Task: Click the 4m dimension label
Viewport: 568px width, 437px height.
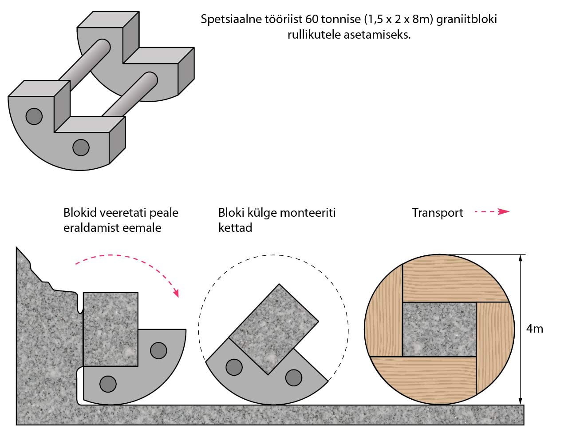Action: pyautogui.click(x=534, y=329)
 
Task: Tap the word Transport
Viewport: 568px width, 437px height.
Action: pyautogui.click(x=437, y=213)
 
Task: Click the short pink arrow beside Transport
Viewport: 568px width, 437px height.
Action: pyautogui.click(x=492, y=212)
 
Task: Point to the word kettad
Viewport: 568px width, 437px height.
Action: pyautogui.click(x=235, y=228)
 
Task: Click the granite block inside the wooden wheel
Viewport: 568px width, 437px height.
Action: pyautogui.click(x=439, y=329)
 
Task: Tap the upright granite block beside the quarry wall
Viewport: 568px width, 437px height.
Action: pyautogui.click(x=110, y=329)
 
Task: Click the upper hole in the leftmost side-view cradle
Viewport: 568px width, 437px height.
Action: pyautogui.click(x=158, y=350)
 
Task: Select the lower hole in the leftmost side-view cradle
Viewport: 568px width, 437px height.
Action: pyautogui.click(x=108, y=383)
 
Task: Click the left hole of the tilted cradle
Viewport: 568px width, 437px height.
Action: pyautogui.click(x=234, y=367)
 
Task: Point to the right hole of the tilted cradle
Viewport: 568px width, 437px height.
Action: pyautogui.click(x=293, y=377)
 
